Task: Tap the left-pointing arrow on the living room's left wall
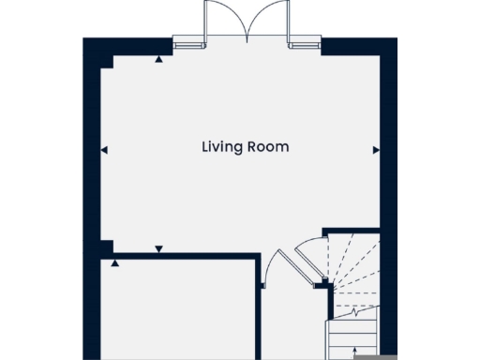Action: [103, 149]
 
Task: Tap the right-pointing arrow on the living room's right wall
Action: [375, 149]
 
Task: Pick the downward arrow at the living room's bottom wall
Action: [158, 248]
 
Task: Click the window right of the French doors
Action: [305, 41]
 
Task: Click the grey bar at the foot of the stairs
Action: [367, 355]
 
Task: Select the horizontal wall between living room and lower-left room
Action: [178, 255]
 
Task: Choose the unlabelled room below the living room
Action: [178, 309]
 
